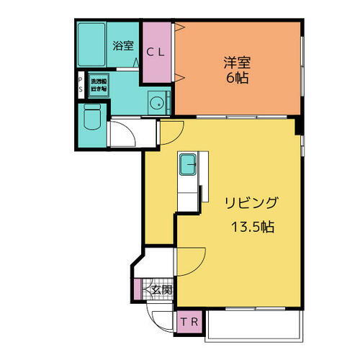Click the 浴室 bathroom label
tap(123, 46)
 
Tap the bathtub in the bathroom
tap(91, 44)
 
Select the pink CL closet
tap(156, 52)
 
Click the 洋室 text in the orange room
tap(236, 63)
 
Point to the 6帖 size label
tap(236, 78)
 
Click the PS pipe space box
tap(80, 84)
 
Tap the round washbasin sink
tap(154, 102)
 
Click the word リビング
tap(251, 202)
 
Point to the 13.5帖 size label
tap(252, 226)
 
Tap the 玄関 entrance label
tap(163, 289)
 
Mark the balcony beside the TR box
tap(252, 328)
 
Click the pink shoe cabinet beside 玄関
tap(138, 289)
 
